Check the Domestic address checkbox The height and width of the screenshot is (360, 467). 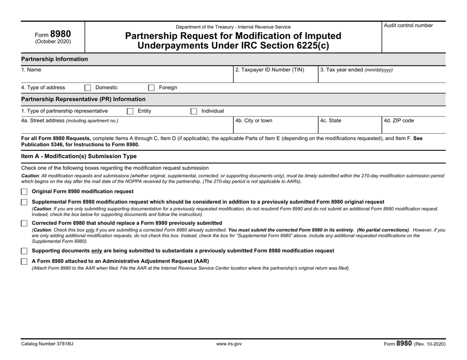[x=88, y=88]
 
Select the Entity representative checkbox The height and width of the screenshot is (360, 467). [x=130, y=111]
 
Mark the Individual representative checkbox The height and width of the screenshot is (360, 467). [x=194, y=111]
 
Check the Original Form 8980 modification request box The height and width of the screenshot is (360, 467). [x=25, y=191]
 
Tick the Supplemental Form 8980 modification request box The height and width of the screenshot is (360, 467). [x=25, y=202]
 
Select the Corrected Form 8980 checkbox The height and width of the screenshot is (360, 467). [x=25, y=223]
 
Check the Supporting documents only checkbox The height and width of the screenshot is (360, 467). [x=25, y=251]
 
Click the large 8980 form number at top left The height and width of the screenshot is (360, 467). [x=61, y=34]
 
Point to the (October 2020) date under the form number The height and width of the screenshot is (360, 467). [x=53, y=41]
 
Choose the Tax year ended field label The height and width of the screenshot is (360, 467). [x=356, y=70]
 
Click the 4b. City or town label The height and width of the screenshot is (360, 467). [x=254, y=120]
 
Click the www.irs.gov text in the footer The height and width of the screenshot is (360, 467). [x=229, y=344]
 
